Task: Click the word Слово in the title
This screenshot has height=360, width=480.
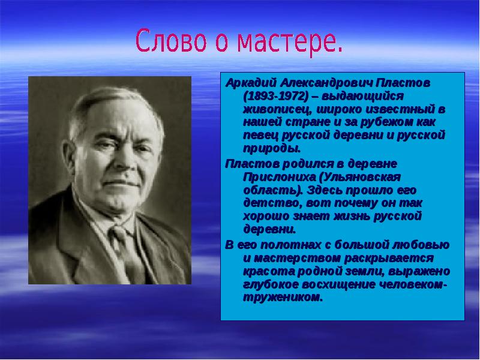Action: [x=171, y=40]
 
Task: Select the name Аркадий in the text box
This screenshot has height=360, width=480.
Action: [x=251, y=83]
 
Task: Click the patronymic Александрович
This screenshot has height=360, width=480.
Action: [x=326, y=83]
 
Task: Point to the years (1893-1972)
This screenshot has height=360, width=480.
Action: [x=277, y=96]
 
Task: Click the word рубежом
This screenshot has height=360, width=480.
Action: [x=386, y=122]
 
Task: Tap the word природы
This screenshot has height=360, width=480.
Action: [x=272, y=149]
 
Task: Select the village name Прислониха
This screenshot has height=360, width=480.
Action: [x=278, y=177]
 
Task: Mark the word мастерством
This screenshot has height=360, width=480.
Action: [x=296, y=259]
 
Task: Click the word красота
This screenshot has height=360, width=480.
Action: [x=268, y=272]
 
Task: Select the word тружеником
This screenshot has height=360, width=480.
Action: [x=283, y=298]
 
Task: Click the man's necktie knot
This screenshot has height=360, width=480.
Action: [x=120, y=235]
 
